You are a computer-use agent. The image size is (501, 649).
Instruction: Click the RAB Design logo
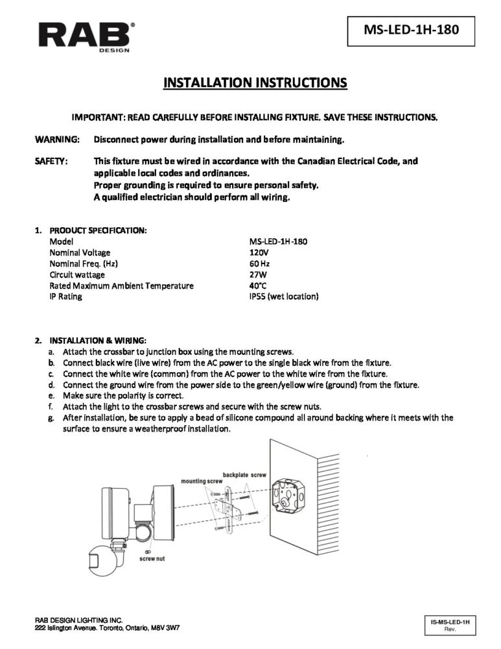click(x=86, y=34)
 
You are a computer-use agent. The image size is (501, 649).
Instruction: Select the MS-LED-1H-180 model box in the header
click(x=407, y=30)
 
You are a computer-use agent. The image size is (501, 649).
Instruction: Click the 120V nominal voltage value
click(x=259, y=252)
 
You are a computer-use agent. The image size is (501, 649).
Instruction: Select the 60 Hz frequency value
click(x=259, y=263)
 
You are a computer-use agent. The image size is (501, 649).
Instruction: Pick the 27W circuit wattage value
click(x=258, y=275)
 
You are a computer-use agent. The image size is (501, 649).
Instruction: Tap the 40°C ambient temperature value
click(x=259, y=286)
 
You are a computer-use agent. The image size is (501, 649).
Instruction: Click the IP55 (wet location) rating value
click(x=283, y=297)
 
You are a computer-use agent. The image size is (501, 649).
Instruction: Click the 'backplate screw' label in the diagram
click(x=244, y=474)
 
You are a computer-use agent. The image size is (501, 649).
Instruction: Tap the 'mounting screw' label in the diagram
click(x=202, y=482)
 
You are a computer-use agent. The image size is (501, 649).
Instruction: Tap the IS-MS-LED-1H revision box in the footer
click(x=449, y=625)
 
